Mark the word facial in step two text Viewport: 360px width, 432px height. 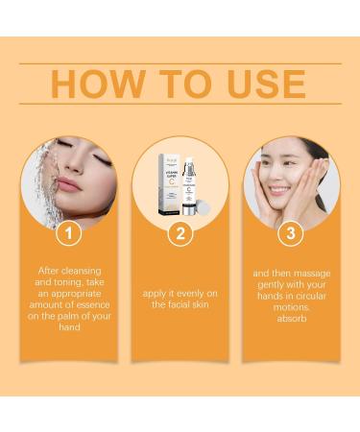coord(180,303)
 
